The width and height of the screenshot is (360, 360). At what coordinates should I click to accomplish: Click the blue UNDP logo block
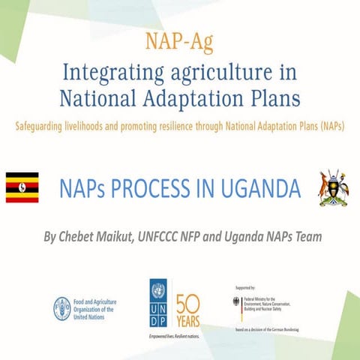tap(158, 301)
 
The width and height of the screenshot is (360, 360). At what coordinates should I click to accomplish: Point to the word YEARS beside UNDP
tap(187, 316)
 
